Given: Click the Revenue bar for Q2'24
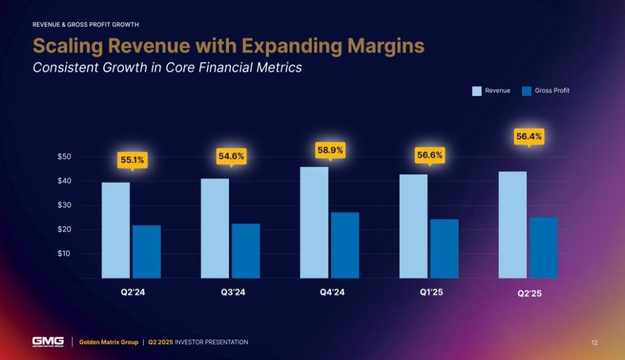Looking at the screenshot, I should click(116, 230).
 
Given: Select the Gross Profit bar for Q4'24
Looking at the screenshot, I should click(345, 245).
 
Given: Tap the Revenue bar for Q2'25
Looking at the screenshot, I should click(512, 224).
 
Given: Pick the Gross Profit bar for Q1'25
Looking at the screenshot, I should click(445, 248).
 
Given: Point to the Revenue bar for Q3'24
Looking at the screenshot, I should click(215, 228).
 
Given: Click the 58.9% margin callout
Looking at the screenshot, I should click(331, 151).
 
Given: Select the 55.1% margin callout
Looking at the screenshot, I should click(133, 160).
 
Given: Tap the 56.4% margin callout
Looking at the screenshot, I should click(529, 137).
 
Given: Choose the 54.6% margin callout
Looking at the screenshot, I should click(231, 157).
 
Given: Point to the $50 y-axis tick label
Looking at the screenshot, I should click(64, 157).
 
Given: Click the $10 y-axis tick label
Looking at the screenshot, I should click(64, 254).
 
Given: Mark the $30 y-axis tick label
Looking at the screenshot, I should click(64, 205).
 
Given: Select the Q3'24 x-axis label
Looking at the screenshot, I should click(230, 292).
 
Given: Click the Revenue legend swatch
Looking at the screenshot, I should click(477, 91).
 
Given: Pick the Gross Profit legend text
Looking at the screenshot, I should click(552, 91).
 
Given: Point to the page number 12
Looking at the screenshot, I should click(595, 342).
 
